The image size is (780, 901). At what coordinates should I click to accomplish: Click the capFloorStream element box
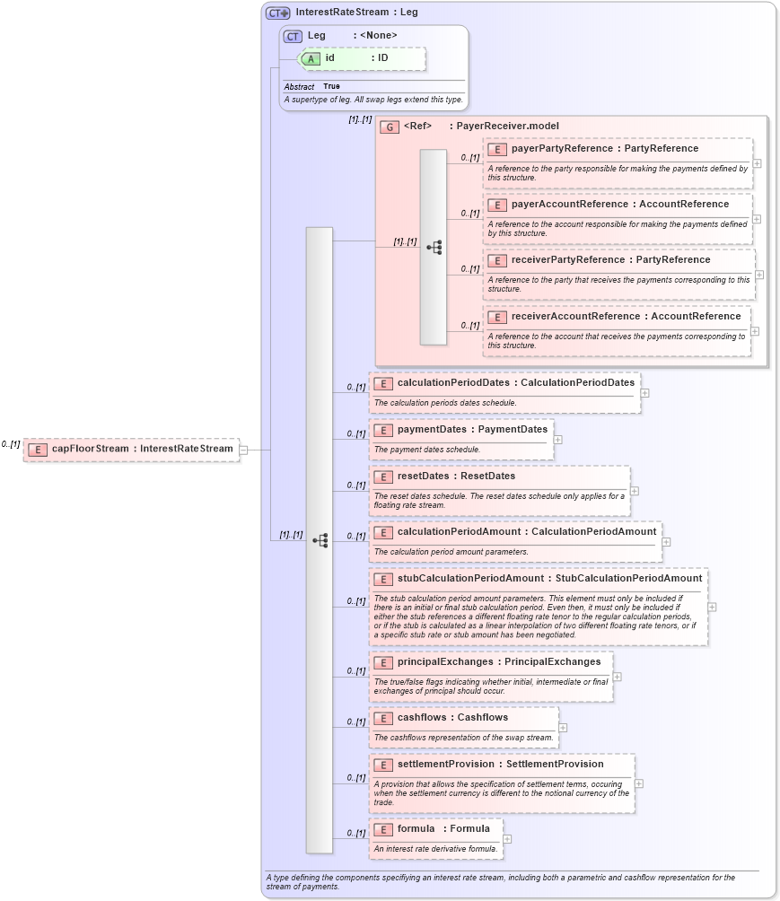click(131, 449)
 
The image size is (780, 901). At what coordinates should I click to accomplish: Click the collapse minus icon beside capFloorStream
click(243, 450)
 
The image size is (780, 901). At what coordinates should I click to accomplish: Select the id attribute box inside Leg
click(363, 58)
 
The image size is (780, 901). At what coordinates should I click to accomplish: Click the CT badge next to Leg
click(293, 36)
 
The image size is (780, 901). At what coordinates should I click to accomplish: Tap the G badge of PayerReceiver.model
click(389, 127)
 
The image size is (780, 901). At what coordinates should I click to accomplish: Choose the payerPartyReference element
click(604, 149)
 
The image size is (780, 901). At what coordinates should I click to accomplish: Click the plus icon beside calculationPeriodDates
click(645, 393)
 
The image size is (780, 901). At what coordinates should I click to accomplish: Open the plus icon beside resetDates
click(635, 491)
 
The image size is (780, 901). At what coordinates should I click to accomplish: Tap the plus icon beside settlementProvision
click(639, 783)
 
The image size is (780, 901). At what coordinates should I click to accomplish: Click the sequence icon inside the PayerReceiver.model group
click(434, 247)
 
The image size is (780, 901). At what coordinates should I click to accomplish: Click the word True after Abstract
click(331, 87)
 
